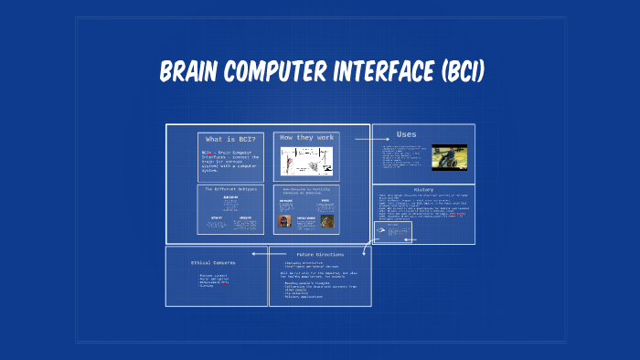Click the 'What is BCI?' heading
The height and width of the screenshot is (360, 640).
click(x=229, y=138)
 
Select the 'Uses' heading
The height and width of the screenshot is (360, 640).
click(x=406, y=134)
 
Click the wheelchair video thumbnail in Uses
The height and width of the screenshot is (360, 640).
click(x=449, y=157)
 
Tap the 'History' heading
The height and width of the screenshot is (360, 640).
click(x=423, y=191)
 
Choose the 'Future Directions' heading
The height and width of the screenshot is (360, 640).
click(x=319, y=253)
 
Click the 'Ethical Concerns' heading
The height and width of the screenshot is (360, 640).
click(x=212, y=262)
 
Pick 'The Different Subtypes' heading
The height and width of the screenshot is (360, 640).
click(x=229, y=188)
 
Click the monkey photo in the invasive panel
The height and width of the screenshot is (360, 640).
click(x=326, y=221)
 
